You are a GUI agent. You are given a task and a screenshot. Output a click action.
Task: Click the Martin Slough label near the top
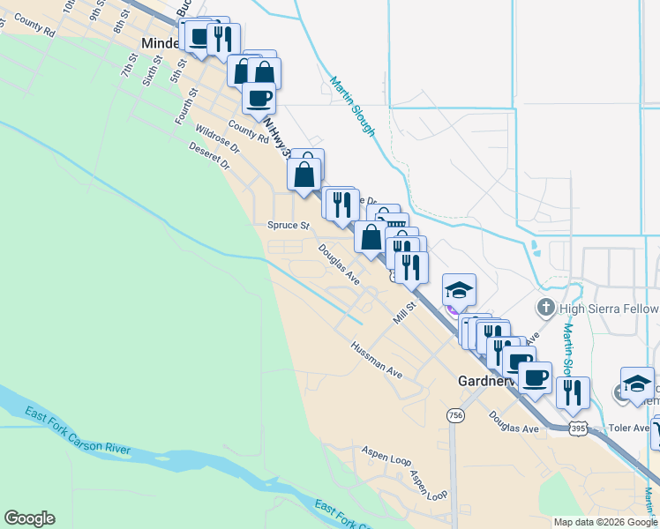click(x=353, y=108)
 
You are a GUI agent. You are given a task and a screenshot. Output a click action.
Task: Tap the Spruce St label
click(x=289, y=225)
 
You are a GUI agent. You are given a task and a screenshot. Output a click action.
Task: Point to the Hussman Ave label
click(x=376, y=360)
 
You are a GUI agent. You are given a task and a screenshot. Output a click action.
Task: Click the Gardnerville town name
click(x=491, y=382)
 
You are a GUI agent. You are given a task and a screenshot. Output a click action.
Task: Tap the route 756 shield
click(x=455, y=414)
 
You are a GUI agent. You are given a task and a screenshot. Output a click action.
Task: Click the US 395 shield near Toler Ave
click(x=578, y=428)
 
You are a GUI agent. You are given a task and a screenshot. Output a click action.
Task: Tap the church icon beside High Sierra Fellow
click(x=545, y=309)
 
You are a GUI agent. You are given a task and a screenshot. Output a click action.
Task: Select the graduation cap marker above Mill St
click(x=459, y=290)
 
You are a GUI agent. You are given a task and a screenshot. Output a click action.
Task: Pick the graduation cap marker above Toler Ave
click(x=637, y=384)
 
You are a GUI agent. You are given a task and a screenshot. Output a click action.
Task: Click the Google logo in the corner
click(x=29, y=518)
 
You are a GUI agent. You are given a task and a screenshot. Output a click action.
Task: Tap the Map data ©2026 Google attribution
click(x=604, y=522)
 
